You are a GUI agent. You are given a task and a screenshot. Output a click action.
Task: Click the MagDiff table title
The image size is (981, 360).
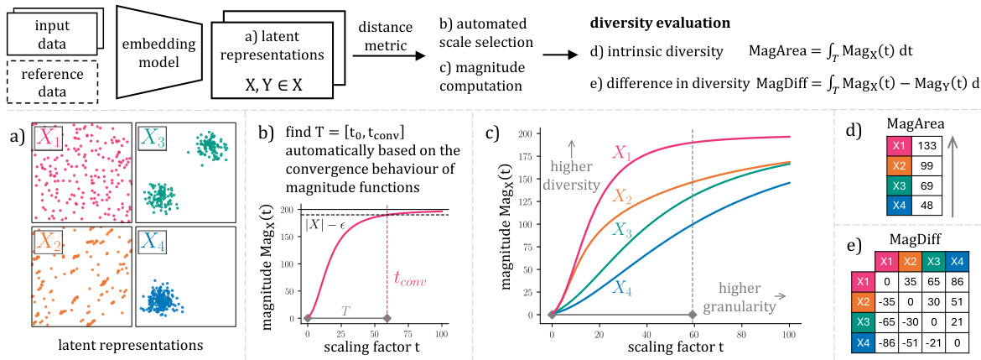pyautogui.click(x=911, y=239)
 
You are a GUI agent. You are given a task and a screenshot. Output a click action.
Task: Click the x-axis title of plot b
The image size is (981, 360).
pyautogui.click(x=374, y=347)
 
